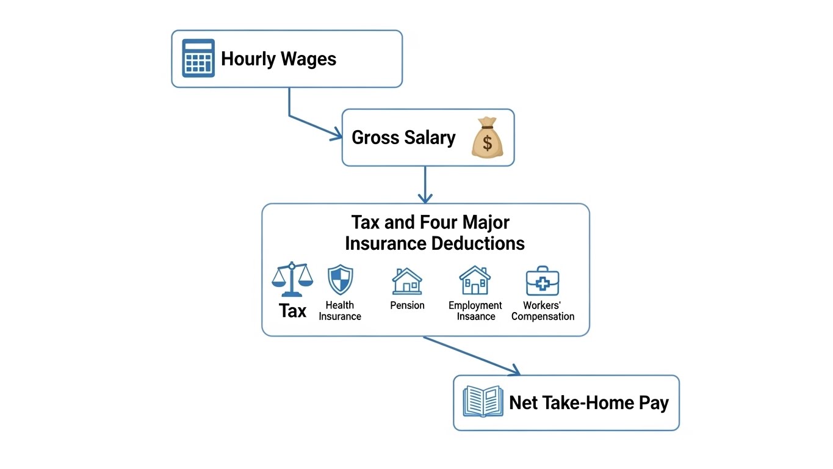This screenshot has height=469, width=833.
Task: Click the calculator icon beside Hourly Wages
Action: (x=198, y=59)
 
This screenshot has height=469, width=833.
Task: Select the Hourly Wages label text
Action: (x=278, y=59)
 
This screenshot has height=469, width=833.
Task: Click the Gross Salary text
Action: (x=403, y=137)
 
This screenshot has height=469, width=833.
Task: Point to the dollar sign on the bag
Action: (x=487, y=144)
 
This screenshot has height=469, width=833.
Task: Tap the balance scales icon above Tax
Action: (x=292, y=279)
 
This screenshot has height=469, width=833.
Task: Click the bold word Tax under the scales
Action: (x=292, y=311)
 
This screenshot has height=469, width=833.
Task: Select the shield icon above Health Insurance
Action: (x=340, y=280)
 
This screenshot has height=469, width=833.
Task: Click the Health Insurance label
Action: (x=340, y=311)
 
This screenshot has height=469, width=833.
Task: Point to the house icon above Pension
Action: (x=407, y=281)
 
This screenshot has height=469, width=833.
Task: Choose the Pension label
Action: (x=407, y=305)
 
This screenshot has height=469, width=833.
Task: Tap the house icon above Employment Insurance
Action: (x=475, y=280)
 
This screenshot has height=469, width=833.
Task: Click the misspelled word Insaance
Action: (x=476, y=316)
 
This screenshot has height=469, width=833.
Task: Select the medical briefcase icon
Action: (x=543, y=281)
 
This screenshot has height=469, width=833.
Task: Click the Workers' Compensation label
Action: (x=543, y=311)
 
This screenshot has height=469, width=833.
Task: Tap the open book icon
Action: (x=483, y=401)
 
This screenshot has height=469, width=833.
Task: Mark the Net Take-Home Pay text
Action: (x=589, y=403)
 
